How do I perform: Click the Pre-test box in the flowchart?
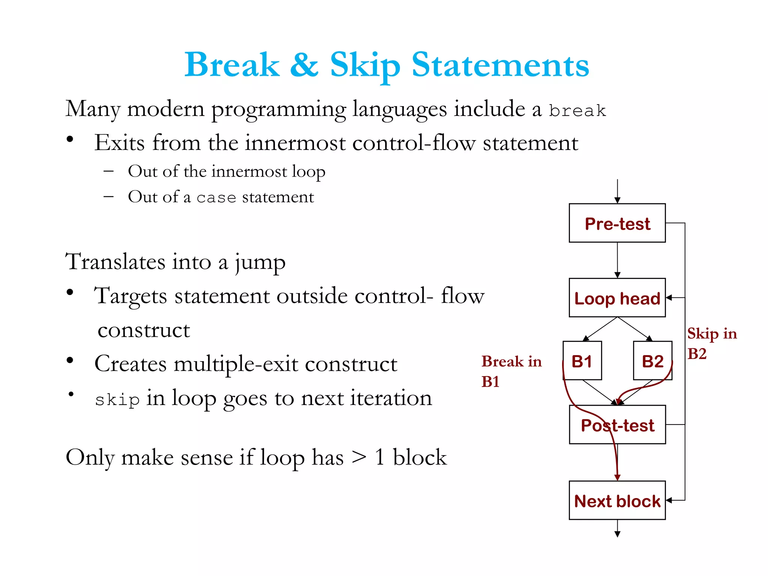(x=617, y=223)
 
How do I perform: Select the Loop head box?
(x=617, y=298)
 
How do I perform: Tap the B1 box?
(x=582, y=361)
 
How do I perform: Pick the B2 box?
(x=652, y=361)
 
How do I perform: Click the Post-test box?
(x=617, y=425)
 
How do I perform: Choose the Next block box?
(x=617, y=500)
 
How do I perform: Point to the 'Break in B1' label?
(x=511, y=371)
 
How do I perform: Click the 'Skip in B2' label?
(x=711, y=343)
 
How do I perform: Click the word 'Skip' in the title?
(x=365, y=66)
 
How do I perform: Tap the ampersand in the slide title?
(x=304, y=64)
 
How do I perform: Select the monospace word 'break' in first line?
(x=577, y=111)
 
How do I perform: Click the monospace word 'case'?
(x=216, y=198)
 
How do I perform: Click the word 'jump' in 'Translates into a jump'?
(x=260, y=262)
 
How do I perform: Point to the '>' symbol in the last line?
(x=359, y=457)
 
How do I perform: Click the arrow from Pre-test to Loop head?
(x=617, y=260)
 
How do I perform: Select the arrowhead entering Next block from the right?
(x=669, y=500)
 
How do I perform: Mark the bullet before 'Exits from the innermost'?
(x=70, y=139)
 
